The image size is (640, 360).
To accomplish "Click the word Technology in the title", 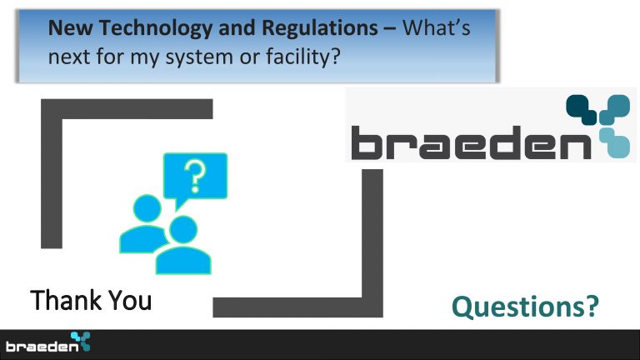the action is click(x=156, y=28).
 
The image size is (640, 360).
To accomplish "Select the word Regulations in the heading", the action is click(x=320, y=28).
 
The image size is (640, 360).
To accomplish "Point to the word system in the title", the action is click(x=199, y=57).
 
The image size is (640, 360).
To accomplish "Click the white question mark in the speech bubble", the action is click(x=195, y=176).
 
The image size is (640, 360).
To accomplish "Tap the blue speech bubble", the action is click(x=195, y=180).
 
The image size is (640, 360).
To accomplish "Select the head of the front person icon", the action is click(x=183, y=230).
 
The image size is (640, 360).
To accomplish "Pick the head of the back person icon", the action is click(x=147, y=208).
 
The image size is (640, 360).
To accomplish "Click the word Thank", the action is click(x=65, y=300).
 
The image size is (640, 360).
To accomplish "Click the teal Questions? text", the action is click(x=525, y=307).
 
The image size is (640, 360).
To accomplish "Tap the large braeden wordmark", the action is click(x=471, y=142).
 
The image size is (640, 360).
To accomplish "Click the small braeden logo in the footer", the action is click(x=47, y=342).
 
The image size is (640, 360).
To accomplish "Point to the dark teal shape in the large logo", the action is click(x=582, y=109).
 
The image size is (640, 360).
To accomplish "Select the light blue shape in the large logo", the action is click(x=615, y=142).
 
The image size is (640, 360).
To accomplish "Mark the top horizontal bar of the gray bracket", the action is click(x=127, y=109).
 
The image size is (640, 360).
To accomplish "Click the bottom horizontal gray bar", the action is click(x=298, y=307).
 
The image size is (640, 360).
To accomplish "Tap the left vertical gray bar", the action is click(x=52, y=173).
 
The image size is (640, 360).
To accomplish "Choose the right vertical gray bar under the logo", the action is click(x=372, y=243).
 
